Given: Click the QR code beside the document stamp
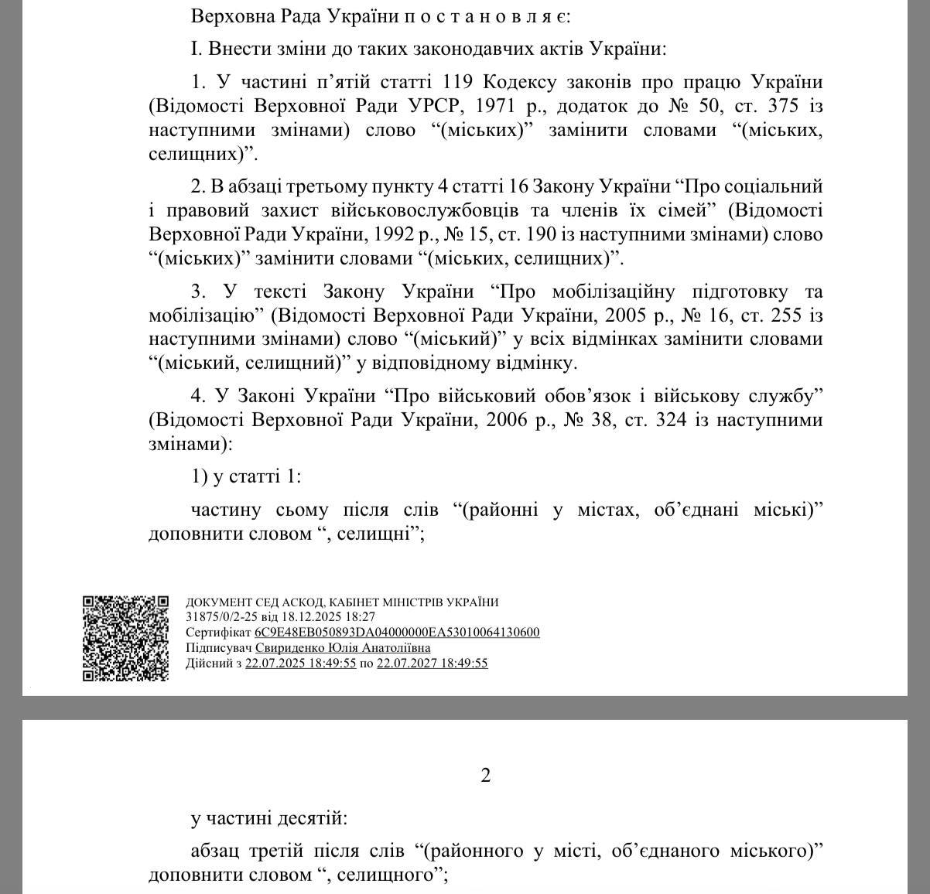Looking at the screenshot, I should pyautogui.click(x=125, y=638).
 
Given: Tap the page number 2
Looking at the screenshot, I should pyautogui.click(x=486, y=775).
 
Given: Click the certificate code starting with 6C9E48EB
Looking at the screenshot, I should pyautogui.click(x=397, y=633).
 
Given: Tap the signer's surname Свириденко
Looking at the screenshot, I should pyautogui.click(x=290, y=648).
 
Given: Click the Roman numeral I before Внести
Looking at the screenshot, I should pyautogui.click(x=195, y=49).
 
